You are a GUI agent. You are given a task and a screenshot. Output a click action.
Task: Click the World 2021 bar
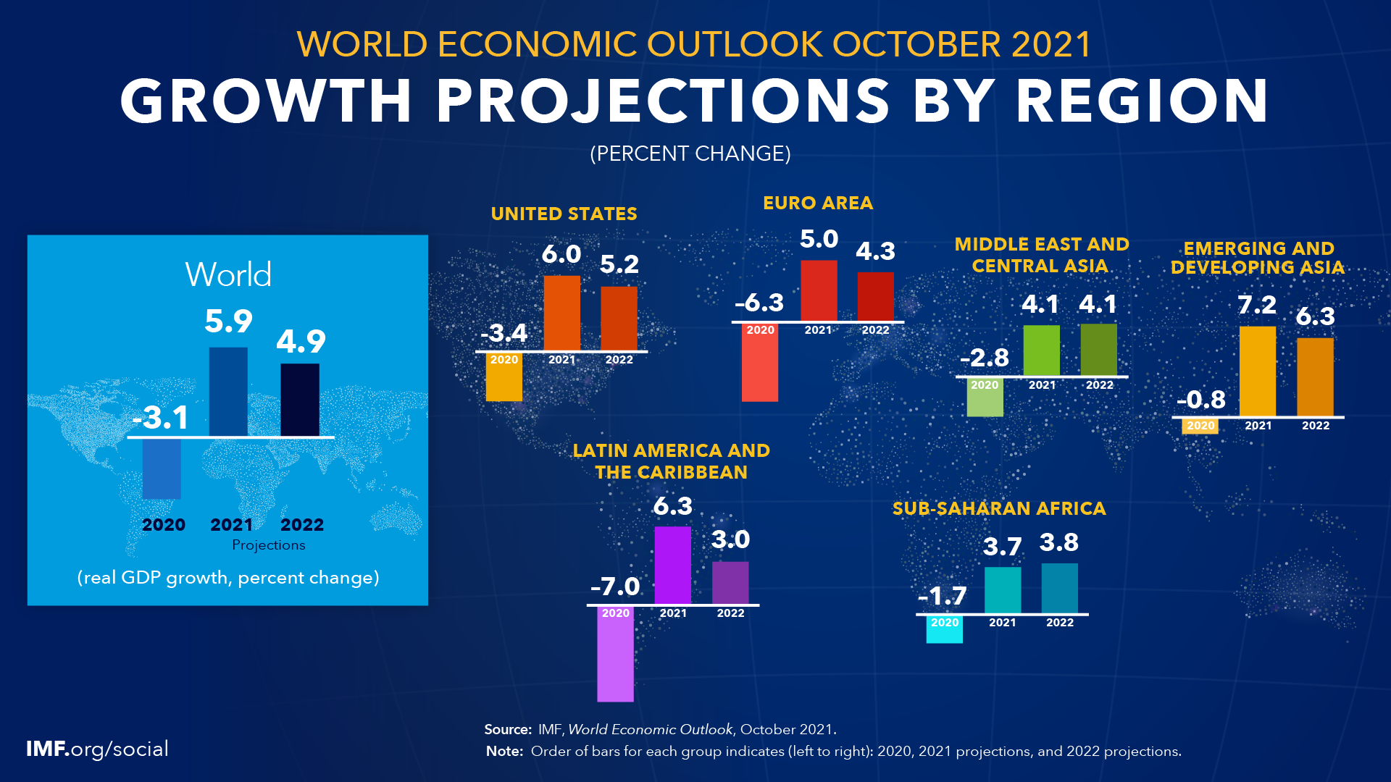pos(228,392)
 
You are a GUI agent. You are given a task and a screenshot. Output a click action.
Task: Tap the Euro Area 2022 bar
pos(875,296)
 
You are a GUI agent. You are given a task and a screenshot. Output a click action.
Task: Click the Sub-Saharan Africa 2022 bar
pos(1059,588)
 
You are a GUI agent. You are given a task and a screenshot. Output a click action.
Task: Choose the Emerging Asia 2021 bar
pos(1257,371)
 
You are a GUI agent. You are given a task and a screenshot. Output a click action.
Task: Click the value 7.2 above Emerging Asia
pos(1257,305)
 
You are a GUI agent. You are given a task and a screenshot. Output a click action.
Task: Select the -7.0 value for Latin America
pos(615,586)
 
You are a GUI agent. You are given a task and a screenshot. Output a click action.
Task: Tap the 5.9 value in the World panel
pos(228,321)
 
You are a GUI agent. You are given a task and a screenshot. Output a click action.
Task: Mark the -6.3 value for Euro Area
pos(759,303)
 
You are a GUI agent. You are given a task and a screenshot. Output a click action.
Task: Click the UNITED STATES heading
pos(564,214)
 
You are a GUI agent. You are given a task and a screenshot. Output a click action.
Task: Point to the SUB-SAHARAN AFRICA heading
pos(999,509)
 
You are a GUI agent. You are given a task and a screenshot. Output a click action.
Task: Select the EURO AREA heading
pos(818,203)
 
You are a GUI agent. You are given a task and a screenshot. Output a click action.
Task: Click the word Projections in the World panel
pos(268,545)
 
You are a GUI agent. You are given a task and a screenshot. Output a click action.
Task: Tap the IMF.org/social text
pos(97,749)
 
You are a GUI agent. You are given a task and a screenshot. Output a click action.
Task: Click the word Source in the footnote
pos(507,730)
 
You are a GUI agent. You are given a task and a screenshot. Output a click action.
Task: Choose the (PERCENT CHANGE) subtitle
pos(690,154)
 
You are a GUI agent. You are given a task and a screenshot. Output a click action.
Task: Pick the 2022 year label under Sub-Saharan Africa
pos(1059,623)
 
